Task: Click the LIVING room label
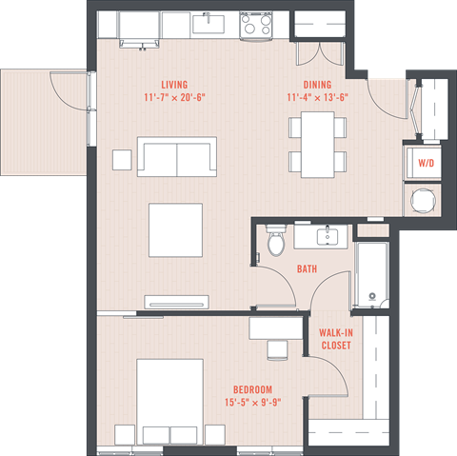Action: click(173, 84)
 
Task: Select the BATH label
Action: click(307, 269)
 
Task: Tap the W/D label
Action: click(424, 164)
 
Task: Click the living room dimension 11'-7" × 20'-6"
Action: click(173, 97)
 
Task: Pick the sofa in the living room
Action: click(177, 155)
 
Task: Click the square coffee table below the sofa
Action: click(175, 229)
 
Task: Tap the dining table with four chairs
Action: click(318, 145)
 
